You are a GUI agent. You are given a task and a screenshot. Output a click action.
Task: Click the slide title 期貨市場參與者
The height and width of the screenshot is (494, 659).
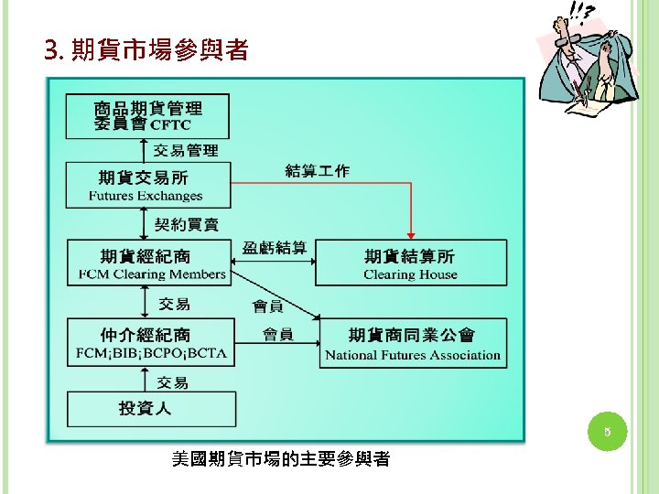[146, 51]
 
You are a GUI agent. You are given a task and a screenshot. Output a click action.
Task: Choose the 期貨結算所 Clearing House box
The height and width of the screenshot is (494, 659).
[410, 263]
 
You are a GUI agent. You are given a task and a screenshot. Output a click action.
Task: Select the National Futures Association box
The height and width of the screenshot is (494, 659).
[412, 344]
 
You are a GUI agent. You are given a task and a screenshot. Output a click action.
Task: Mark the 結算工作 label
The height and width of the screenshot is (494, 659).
[317, 170]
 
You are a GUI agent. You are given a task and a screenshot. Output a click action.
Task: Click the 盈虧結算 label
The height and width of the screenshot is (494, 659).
[275, 248]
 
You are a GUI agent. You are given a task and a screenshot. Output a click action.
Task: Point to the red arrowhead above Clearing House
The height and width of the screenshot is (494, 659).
[411, 234]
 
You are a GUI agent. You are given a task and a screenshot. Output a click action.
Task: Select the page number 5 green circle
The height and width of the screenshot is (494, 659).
[606, 430]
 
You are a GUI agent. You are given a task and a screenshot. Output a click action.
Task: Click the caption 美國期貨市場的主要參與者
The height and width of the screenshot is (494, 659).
[280, 459]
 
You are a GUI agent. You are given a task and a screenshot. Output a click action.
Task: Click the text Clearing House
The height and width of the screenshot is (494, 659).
[409, 274]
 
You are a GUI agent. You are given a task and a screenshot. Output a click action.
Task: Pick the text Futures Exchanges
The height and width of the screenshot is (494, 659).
[146, 196]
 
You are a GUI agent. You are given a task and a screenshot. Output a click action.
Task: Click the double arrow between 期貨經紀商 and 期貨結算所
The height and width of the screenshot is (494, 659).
[273, 263]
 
